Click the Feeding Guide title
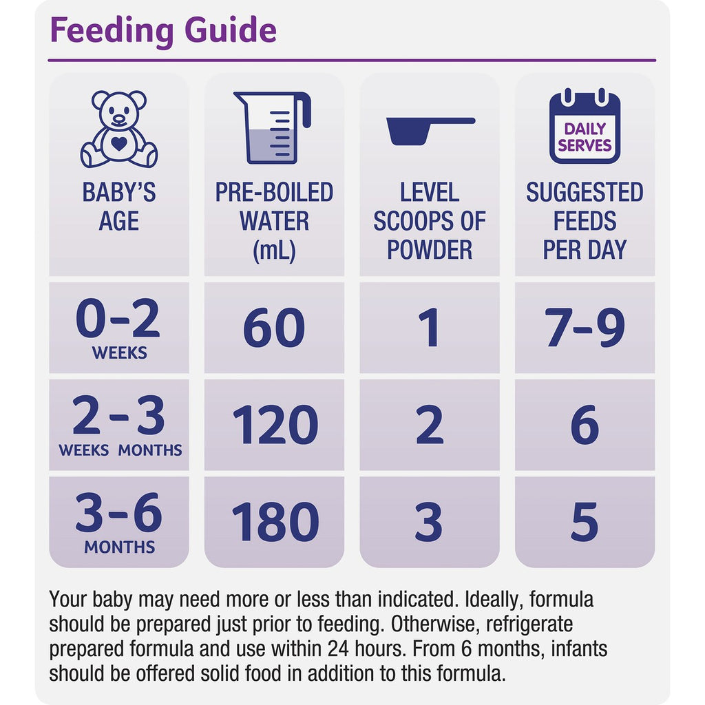(163, 30)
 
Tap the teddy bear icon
(119, 129)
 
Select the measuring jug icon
(273, 127)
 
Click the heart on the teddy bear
(119, 144)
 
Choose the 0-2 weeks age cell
(119, 328)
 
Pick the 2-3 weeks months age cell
(119, 425)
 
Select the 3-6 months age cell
(119, 523)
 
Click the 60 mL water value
(274, 328)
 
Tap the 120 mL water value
(274, 425)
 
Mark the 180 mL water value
(274, 522)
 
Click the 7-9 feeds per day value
(585, 328)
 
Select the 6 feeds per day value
(585, 425)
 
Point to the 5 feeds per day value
(585, 522)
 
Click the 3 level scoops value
(429, 522)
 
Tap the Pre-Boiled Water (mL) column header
(274, 221)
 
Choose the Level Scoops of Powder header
(429, 221)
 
